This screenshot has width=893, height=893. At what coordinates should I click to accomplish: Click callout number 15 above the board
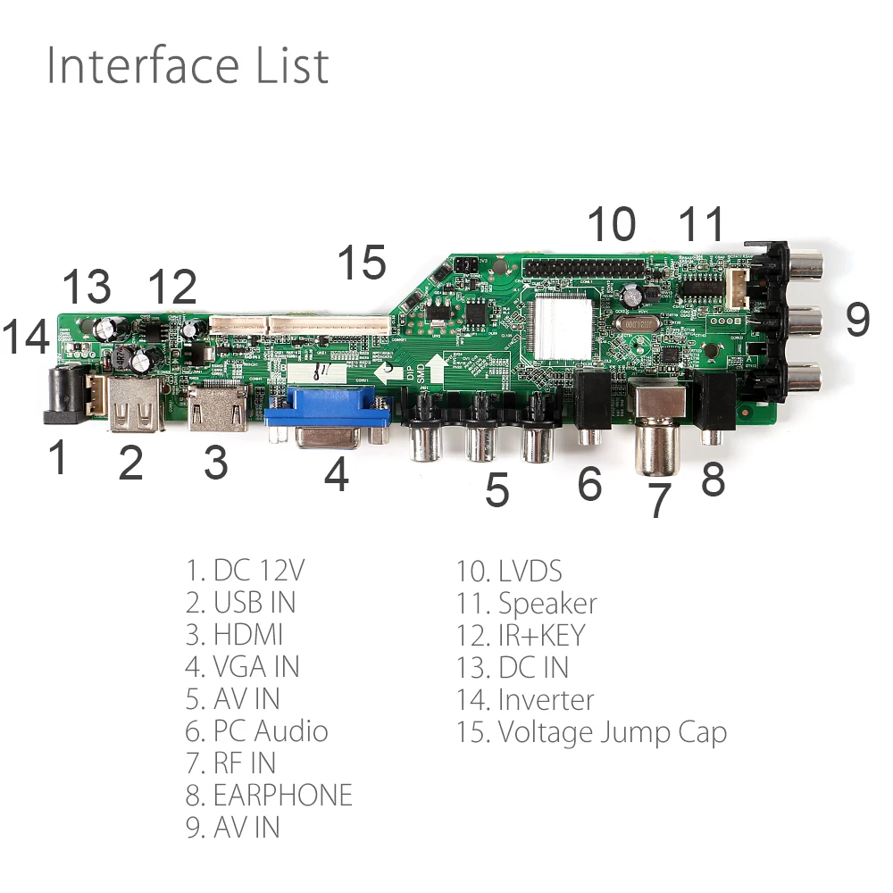click(362, 262)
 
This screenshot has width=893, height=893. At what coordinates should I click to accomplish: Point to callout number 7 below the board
click(659, 500)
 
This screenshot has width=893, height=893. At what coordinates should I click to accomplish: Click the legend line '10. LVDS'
click(509, 572)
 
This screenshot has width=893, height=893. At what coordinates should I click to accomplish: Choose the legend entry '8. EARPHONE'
click(269, 795)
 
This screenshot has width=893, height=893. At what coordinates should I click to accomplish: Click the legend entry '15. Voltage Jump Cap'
click(591, 732)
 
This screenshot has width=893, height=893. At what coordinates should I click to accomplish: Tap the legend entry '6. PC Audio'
click(256, 730)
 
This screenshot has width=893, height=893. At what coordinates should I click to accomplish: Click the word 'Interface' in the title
click(142, 66)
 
